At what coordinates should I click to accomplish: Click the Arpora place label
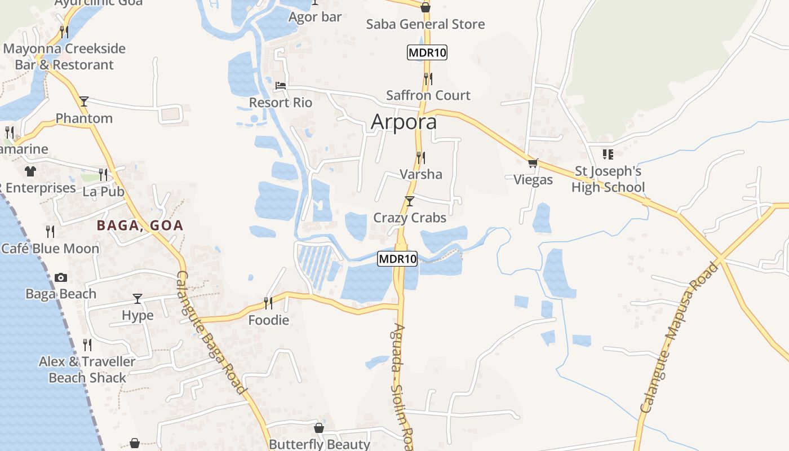pos(404,122)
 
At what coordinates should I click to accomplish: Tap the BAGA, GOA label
pos(140,225)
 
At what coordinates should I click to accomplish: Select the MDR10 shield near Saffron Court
pos(427,53)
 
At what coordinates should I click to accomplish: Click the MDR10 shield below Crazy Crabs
pos(397,259)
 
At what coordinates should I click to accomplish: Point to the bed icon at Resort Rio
pos(281,86)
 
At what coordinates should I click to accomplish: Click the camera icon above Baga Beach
pos(61,277)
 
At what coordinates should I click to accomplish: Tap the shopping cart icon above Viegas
pos(533,163)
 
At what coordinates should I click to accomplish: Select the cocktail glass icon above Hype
pos(138,298)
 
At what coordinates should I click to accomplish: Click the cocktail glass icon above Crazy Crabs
pos(410,201)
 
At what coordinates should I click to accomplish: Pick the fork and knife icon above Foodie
pos(268,303)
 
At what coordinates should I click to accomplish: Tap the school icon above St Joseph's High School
pos(608,154)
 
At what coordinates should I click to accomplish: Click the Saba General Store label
pos(425,24)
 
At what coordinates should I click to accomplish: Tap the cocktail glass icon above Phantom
pos(84,101)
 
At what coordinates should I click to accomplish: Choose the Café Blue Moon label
pos(50,249)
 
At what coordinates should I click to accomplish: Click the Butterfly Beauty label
pos(320,444)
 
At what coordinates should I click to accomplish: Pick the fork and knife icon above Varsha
pos(420,157)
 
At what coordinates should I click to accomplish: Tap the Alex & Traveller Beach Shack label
pos(87,370)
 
